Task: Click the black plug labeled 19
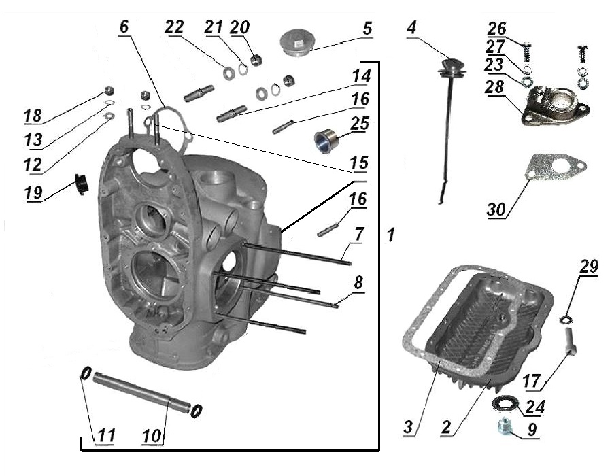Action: [82, 184]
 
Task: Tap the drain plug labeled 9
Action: [505, 428]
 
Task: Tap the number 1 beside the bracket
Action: [390, 235]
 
